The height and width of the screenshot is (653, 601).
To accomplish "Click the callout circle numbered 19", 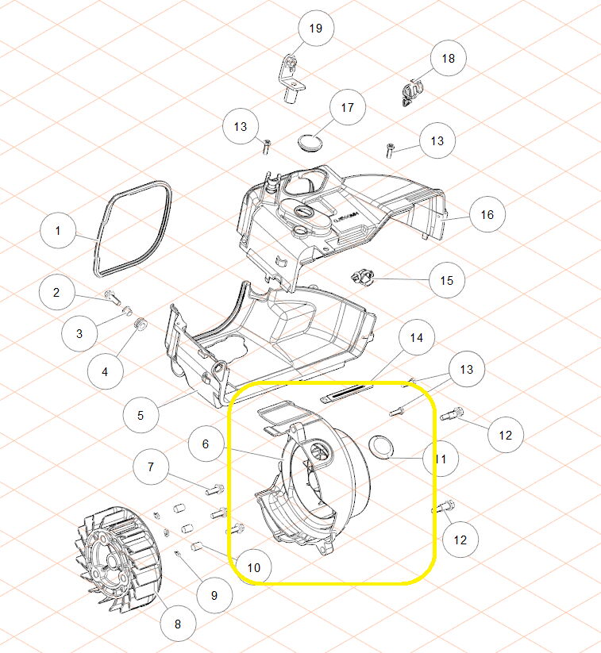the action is click(316, 28).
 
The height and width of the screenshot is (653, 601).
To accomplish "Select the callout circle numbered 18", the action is click(448, 58).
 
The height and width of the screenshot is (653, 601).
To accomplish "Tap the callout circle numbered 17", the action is click(347, 107).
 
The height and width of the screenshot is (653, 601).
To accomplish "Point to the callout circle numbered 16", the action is click(487, 214).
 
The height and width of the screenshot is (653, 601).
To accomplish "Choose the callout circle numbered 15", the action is click(446, 280).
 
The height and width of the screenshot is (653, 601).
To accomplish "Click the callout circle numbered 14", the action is click(416, 337).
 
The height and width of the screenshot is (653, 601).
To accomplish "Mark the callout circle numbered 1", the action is click(58, 230).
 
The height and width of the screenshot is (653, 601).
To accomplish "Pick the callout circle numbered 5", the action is click(141, 415).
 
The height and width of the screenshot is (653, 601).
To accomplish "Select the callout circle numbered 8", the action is click(178, 624).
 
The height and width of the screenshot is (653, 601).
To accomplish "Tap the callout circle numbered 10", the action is click(254, 567).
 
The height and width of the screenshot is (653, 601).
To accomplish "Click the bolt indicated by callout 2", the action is click(112, 297).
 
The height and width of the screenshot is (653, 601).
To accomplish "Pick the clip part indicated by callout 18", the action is click(412, 92).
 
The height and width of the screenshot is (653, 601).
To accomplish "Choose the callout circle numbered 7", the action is click(151, 467).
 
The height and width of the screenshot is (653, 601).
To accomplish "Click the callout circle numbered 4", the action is click(105, 371).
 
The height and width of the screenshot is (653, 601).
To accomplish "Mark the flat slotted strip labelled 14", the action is click(346, 393).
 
